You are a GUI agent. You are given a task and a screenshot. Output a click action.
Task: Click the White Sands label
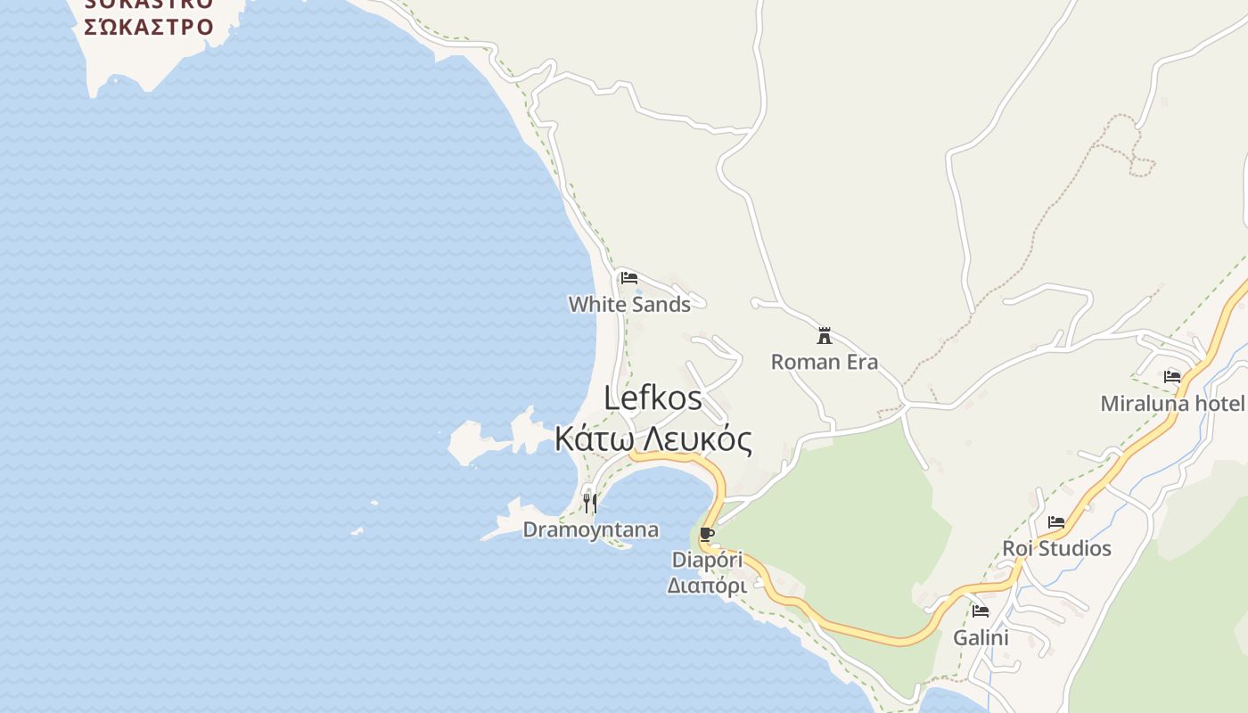coord(629,305)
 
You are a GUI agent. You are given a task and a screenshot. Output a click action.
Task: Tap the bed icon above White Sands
coord(629,278)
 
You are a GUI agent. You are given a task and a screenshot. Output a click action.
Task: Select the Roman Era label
coord(825,362)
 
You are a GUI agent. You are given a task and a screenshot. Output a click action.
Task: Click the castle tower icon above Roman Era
coord(825,336)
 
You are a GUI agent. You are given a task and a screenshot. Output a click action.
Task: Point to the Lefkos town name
coord(653,397)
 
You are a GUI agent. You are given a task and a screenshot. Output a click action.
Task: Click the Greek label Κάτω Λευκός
coord(653,439)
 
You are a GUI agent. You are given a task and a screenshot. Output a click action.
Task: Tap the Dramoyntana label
coord(590,530)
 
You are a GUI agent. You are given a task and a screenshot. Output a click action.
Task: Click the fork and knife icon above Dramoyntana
coord(589,504)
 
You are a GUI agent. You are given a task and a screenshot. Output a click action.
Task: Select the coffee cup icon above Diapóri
coord(707,535)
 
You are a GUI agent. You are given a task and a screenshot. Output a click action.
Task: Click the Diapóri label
coord(707,561)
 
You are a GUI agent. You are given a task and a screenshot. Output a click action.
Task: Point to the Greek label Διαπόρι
coord(707,586)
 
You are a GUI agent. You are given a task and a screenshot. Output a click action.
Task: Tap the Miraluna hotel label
coord(1172,404)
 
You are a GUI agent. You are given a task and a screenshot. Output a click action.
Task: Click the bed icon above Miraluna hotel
coord(1172,377)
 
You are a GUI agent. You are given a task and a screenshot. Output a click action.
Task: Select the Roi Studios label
coord(1056,548)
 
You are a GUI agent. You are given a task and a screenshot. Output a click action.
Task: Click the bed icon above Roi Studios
coord(1056,522)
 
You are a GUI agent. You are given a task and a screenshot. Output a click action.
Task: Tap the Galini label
coord(981,638)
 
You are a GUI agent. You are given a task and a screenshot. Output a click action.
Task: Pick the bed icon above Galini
coord(981,611)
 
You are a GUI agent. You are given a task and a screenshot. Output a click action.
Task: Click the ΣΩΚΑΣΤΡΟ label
coord(149,27)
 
